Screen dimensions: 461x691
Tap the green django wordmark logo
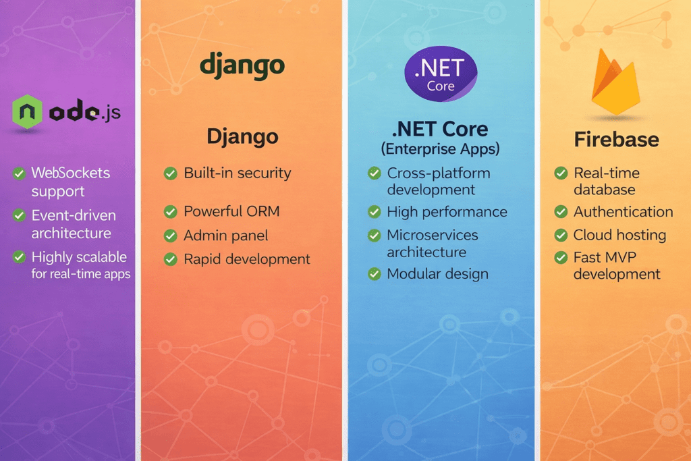pos(242,66)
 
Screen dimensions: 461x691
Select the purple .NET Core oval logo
pos(440,74)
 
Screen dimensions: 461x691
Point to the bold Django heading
pos(242,136)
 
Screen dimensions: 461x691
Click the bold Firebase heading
pos(616,139)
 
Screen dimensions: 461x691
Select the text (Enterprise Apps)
pos(440,147)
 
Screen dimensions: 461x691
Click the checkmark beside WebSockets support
pos(20,174)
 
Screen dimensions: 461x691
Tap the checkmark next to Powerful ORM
pos(171,212)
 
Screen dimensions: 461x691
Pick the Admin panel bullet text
pos(225,236)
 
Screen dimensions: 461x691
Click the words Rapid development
pos(247,259)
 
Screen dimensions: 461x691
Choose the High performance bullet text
pos(447,212)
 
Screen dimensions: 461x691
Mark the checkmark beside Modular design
pos(374,274)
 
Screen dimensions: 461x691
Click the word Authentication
pos(623,212)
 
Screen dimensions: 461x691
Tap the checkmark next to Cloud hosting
pos(561,236)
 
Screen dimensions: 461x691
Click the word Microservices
pos(432,236)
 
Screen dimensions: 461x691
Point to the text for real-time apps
pos(80,274)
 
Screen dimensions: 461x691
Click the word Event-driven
pos(74,216)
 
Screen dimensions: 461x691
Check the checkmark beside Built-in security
pos(171,173)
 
